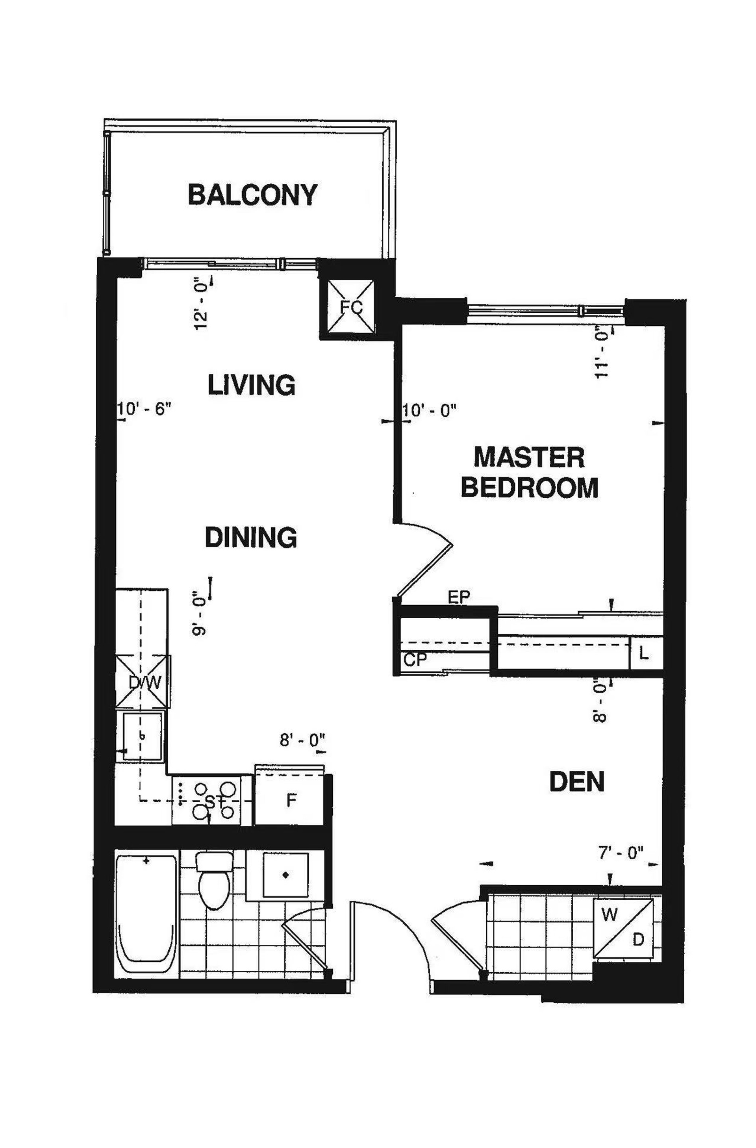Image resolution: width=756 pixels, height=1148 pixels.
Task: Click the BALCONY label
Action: click(x=252, y=195)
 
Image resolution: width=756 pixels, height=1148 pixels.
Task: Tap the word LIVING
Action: click(x=251, y=384)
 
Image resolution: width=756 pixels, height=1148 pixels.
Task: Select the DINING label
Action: click(x=251, y=537)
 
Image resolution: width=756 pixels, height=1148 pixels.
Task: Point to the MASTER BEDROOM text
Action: click(x=529, y=472)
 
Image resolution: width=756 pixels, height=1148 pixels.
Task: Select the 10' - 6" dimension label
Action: click(x=145, y=410)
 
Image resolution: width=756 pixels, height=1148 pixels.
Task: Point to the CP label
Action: click(x=416, y=660)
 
